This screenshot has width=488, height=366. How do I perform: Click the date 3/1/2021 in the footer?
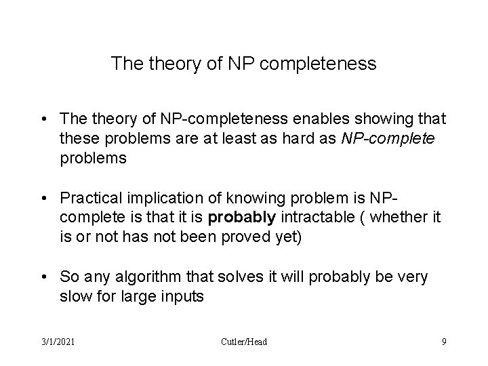(57, 342)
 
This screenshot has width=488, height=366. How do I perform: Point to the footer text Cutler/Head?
(244, 342)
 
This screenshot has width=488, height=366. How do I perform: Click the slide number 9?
(444, 342)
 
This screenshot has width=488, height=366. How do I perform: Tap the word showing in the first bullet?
(363, 119)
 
